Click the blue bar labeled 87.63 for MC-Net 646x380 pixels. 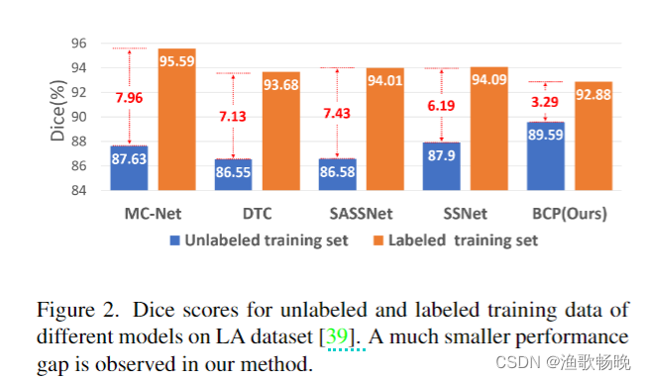point(129,167)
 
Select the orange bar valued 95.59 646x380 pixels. point(176,119)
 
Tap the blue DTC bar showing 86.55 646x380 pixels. point(233,174)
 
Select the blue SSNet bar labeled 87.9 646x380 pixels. point(442,166)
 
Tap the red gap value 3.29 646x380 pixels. point(546,102)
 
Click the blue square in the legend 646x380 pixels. point(176,240)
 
